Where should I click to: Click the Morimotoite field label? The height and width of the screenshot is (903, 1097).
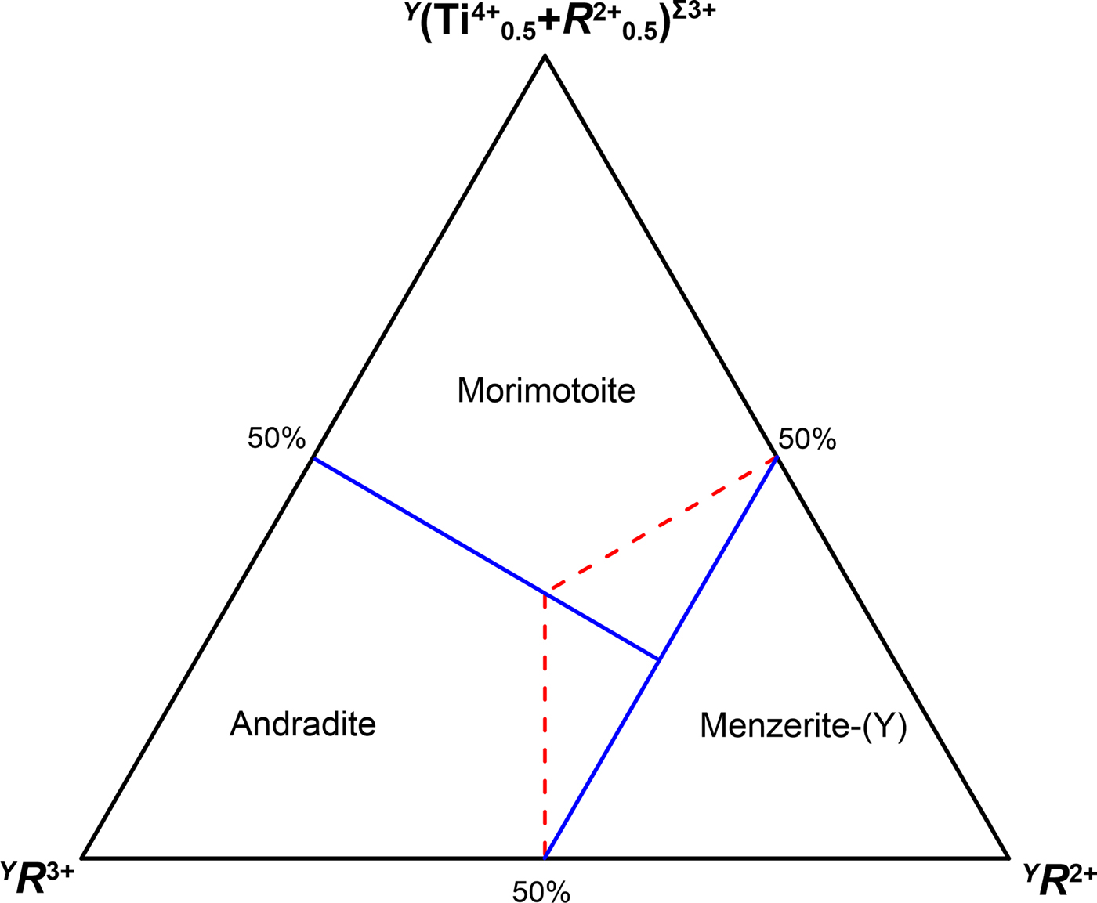pos(546,390)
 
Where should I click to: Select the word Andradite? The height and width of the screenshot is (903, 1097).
pos(302,724)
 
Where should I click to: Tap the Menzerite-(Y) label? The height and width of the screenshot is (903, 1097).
pos(803,726)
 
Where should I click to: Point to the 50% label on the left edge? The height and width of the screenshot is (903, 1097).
pos(276,438)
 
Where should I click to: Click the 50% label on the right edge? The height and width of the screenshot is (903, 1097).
pos(807,439)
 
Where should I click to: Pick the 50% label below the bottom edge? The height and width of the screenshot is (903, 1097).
pos(541,891)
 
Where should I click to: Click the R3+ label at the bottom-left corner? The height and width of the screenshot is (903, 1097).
pos(39,880)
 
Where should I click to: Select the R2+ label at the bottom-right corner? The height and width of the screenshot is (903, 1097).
pos(1059,881)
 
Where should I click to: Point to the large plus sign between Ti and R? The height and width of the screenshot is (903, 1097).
pos(550,23)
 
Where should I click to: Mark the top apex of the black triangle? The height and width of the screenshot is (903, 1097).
pos(545,56)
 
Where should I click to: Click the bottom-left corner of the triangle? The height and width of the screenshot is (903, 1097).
pos(82,858)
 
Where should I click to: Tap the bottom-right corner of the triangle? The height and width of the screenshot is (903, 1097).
pos(1008,858)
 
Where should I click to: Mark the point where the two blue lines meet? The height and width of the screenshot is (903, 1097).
pos(659,660)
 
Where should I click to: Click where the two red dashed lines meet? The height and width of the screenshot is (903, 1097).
pos(545,592)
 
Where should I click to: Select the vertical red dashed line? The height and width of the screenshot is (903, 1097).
pos(545,728)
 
